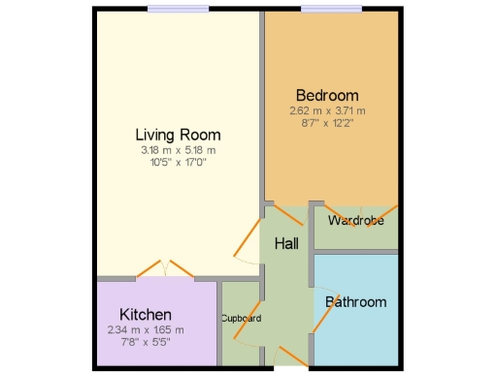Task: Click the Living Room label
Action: (x=178, y=135)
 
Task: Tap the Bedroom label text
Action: (x=327, y=96)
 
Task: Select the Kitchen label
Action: (x=146, y=315)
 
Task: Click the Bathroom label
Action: (x=355, y=301)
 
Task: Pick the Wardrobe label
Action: (x=355, y=221)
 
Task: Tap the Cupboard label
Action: (x=241, y=318)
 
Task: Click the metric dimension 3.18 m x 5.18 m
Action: (x=178, y=150)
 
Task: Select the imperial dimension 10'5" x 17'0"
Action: (x=178, y=162)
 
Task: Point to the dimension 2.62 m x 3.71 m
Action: (x=327, y=111)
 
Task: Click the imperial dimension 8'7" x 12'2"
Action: (x=327, y=123)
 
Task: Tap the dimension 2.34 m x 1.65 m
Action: (x=146, y=330)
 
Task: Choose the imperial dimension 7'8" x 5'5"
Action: (x=146, y=342)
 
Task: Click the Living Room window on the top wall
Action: (x=179, y=9)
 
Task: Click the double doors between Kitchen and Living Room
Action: (x=163, y=270)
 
